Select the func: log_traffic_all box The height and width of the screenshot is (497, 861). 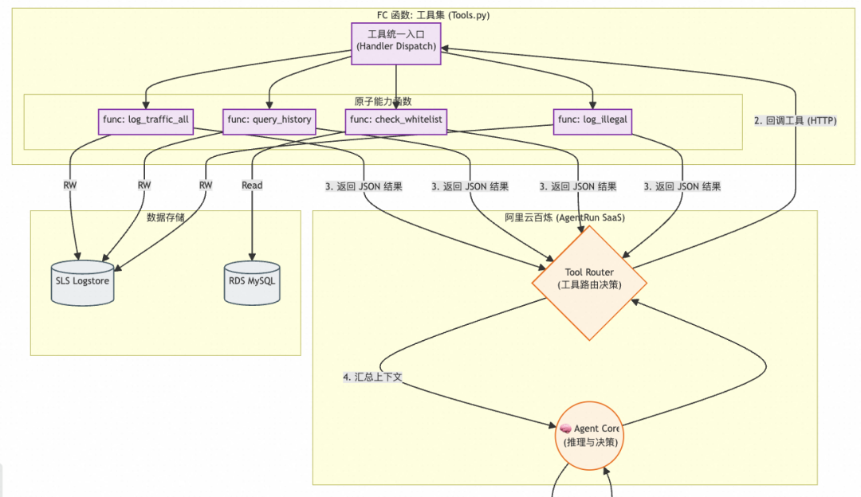pos(146,120)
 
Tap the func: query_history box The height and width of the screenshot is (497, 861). pos(269,120)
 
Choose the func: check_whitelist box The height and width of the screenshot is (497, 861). pos(395,120)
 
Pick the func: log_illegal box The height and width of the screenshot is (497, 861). pos(592,120)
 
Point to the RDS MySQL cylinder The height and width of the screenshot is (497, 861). pos(253,282)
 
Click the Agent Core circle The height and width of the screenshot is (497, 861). pos(589,435)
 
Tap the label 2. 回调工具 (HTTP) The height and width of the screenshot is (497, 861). pos(795,121)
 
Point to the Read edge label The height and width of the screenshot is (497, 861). pos(252,185)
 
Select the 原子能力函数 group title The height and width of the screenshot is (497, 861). pos(383,101)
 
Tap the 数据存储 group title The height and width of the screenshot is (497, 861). pos(166,217)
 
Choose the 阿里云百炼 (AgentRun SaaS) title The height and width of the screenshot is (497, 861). pos(564,217)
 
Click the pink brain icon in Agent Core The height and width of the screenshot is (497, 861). pos(565,429)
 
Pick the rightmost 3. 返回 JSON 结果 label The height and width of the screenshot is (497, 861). pos(682,186)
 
